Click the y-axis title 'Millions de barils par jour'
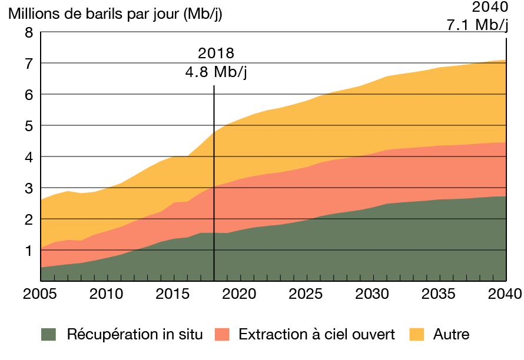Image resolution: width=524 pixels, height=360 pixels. (x=115, y=14)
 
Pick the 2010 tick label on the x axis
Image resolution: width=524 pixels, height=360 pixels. (x=106, y=293)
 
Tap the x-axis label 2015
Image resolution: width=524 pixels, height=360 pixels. (x=173, y=293)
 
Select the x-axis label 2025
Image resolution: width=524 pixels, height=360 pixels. (x=306, y=293)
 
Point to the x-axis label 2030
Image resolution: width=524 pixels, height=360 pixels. (x=372, y=293)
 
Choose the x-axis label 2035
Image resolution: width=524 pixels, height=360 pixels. (x=439, y=293)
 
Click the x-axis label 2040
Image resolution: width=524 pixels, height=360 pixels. (x=505, y=293)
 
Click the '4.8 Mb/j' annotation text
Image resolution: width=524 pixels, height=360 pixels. (x=215, y=72)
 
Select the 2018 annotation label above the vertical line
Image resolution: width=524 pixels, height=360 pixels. (x=216, y=54)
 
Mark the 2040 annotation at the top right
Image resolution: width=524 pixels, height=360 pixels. (x=490, y=8)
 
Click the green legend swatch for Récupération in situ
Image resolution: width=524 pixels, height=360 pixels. (x=48, y=335)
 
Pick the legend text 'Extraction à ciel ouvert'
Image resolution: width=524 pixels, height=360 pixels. (x=317, y=335)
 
